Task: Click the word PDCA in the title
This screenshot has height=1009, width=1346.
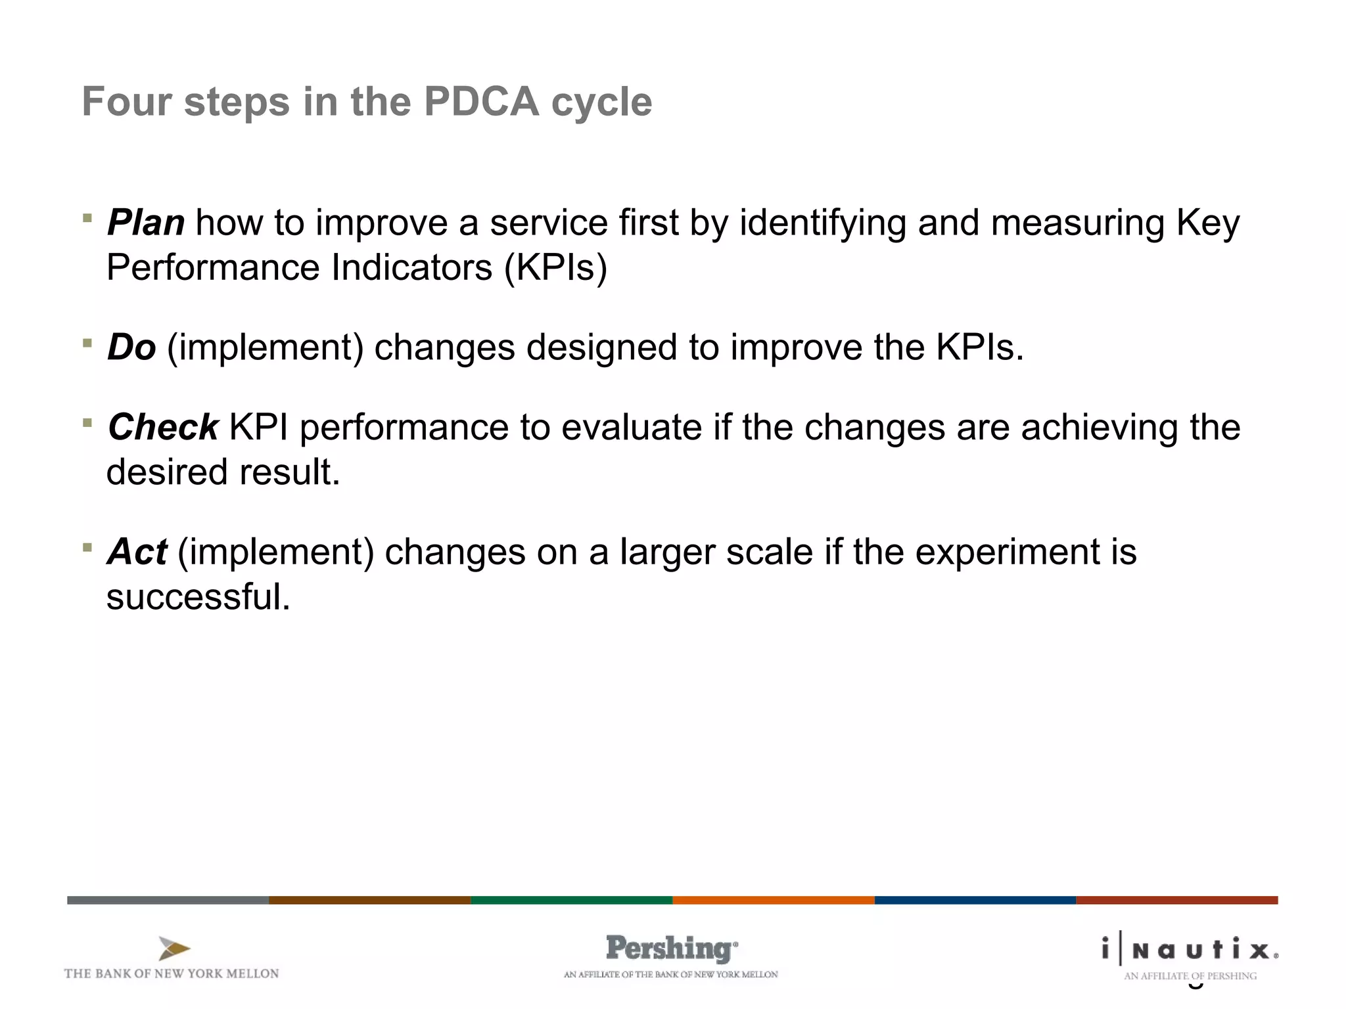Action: [x=481, y=102]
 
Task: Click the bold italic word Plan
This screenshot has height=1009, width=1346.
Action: [x=146, y=223]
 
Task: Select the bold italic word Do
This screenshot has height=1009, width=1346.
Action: [x=131, y=347]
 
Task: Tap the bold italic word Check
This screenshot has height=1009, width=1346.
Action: [x=163, y=427]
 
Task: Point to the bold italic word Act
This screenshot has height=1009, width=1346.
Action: [x=137, y=552]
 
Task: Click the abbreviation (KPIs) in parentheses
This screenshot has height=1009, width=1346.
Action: [x=555, y=268]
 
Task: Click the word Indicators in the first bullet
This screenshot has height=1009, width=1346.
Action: [x=411, y=268]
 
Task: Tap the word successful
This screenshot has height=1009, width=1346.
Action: [x=198, y=596]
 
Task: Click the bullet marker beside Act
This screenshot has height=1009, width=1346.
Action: [x=87, y=547]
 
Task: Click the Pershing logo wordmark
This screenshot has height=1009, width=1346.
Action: [x=671, y=949]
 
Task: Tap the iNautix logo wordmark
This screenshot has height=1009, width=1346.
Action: [x=1190, y=950]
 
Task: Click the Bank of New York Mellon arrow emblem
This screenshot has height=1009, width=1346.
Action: [x=174, y=949]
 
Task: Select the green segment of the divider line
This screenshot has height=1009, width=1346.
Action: [x=571, y=900]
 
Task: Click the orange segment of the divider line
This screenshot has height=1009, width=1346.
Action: [x=773, y=900]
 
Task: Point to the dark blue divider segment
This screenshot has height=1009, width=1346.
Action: [x=975, y=900]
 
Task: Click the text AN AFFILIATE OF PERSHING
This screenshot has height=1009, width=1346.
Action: [x=1190, y=976]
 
